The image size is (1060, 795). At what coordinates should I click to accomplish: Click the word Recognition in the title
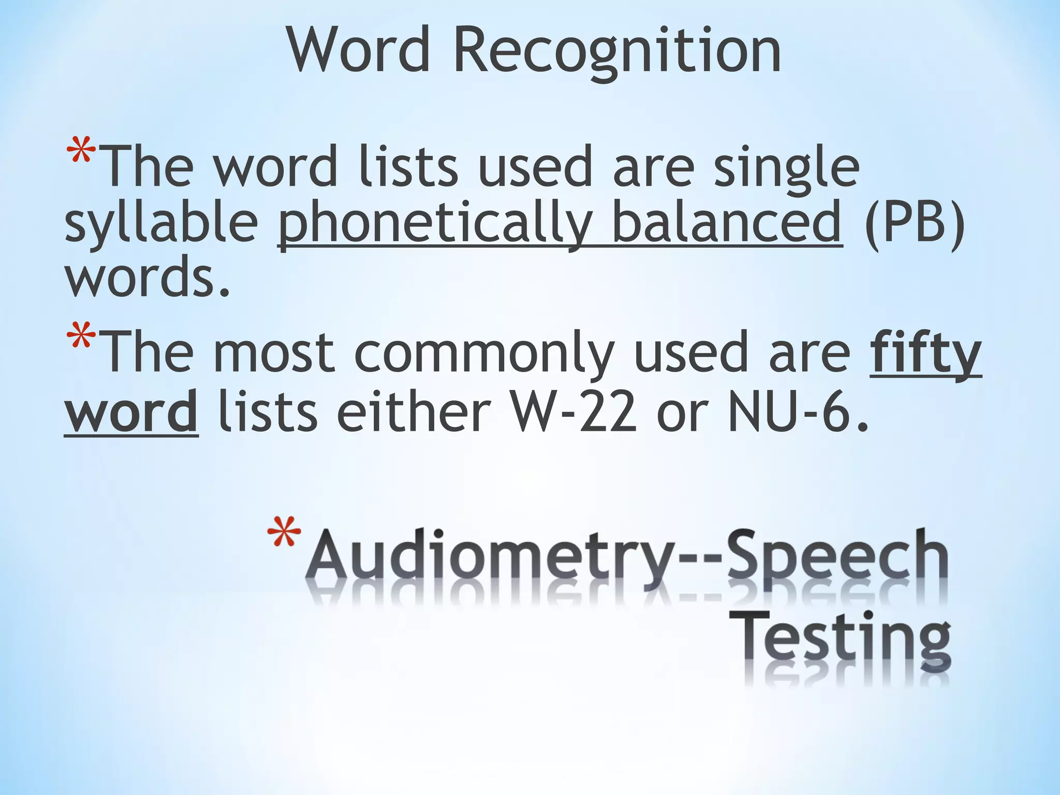pyautogui.click(x=617, y=51)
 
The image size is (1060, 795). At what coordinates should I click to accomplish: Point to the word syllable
pyautogui.click(x=161, y=224)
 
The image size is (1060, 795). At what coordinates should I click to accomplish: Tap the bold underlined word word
pyautogui.click(x=131, y=414)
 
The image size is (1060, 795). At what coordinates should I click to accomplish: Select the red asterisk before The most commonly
pyautogui.click(x=81, y=336)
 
